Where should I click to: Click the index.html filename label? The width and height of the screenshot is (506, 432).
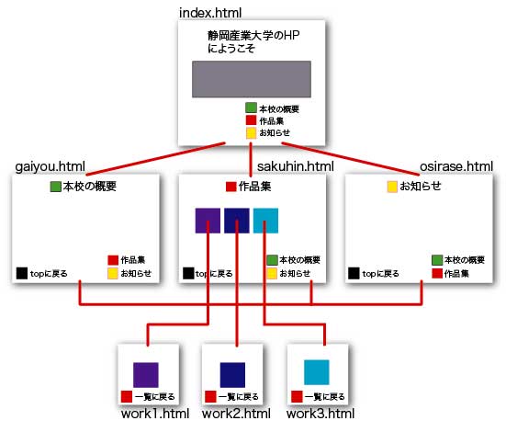point(210,13)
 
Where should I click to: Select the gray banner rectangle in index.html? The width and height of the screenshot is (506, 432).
point(252,79)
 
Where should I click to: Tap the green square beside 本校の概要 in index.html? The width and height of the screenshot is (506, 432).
point(251,108)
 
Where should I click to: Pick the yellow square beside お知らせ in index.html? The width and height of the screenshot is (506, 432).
point(251,133)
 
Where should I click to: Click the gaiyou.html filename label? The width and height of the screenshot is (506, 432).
point(50,167)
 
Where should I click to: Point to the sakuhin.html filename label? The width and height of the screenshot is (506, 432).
point(296,166)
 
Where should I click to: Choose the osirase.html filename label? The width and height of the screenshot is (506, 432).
point(456,166)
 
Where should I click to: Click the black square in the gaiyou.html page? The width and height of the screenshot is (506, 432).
point(22,273)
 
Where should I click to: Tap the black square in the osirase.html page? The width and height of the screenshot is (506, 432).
point(354,273)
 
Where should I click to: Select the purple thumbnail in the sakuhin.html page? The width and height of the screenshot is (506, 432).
point(208,221)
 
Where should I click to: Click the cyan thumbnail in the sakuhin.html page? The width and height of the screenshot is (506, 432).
point(265,221)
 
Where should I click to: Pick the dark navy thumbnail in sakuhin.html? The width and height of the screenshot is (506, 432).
point(237,221)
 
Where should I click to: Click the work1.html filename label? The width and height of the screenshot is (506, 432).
point(155,414)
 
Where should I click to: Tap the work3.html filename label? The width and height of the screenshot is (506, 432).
point(320,414)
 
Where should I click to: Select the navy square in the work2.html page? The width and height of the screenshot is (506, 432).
point(232,375)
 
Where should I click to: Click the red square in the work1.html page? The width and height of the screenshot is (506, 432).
point(127,396)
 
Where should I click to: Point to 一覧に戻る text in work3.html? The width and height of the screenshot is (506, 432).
point(325,397)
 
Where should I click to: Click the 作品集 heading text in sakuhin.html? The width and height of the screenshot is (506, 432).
point(255,187)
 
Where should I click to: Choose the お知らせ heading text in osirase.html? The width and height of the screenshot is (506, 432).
point(421,186)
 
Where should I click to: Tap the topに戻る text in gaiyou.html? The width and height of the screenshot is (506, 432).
point(49,274)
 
